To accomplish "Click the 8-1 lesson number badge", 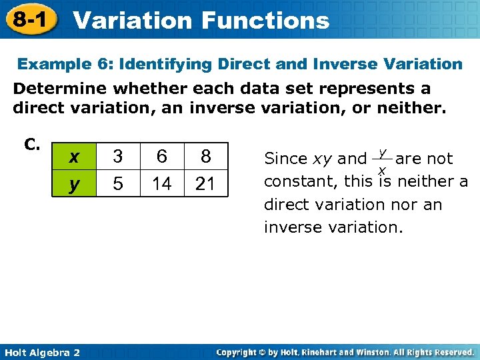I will click(29, 19).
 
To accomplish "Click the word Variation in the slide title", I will click(131, 20).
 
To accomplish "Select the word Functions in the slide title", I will click(265, 20).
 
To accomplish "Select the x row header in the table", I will click(75, 157).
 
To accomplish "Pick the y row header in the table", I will click(75, 183).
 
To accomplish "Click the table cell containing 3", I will click(117, 157).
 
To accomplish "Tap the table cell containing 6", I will click(161, 157).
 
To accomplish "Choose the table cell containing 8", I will click(205, 157).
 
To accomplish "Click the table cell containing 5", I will click(117, 183).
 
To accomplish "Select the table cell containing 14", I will click(161, 183).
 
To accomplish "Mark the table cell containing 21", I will click(205, 183).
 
